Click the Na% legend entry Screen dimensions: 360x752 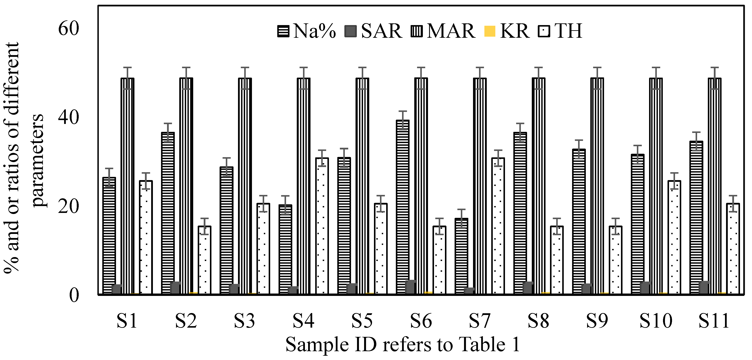(x=306, y=31)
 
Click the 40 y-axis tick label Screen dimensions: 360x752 (x=69, y=118)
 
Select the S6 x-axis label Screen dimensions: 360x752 (x=421, y=321)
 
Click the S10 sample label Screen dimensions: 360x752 (x=656, y=321)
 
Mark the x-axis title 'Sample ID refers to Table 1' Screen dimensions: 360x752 (x=403, y=345)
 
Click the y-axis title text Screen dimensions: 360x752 (x=25, y=158)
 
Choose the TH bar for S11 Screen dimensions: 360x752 (x=733, y=248)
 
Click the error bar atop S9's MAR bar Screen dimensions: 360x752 (x=597, y=78)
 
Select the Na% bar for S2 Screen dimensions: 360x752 (x=168, y=213)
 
